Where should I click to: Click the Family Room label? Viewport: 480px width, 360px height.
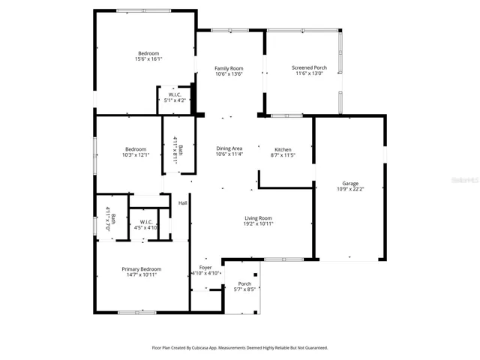click(x=229, y=68)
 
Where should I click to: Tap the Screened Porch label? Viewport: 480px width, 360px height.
click(x=309, y=67)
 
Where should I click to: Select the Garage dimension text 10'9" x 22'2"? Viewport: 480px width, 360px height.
click(x=350, y=189)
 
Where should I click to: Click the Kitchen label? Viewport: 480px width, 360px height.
click(x=283, y=150)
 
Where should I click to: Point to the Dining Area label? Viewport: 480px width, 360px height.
click(x=229, y=148)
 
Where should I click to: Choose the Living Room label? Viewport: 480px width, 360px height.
click(x=258, y=218)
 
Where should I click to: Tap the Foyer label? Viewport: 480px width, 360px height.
click(x=205, y=268)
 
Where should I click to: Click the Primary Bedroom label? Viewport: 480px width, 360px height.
click(x=142, y=269)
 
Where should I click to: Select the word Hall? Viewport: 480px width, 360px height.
click(x=183, y=203)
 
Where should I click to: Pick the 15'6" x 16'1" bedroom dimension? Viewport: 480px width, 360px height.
click(x=148, y=58)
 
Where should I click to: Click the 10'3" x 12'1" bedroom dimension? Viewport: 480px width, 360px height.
click(x=136, y=155)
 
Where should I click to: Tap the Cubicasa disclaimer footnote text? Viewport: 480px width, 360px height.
click(x=240, y=348)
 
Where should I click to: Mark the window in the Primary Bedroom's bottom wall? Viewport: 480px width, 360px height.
click(x=136, y=313)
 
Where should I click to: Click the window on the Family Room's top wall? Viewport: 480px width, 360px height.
click(x=230, y=30)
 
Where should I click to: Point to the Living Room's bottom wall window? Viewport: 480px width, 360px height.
click(x=284, y=259)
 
